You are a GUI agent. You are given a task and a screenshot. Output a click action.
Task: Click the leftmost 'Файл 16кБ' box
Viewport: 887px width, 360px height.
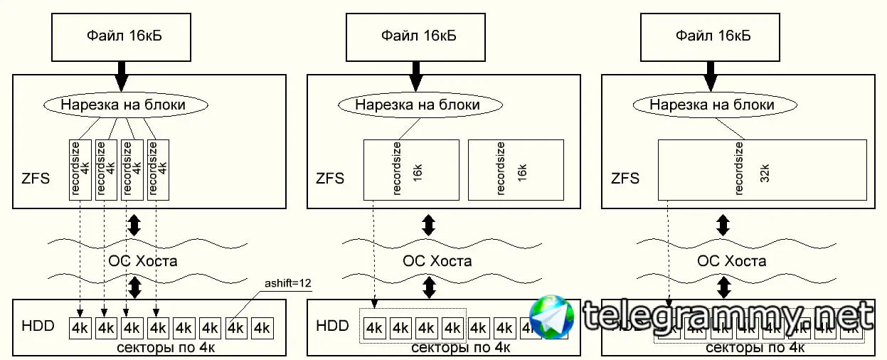click(122, 35)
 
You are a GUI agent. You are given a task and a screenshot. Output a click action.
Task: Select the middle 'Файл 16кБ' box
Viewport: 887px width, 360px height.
click(415, 35)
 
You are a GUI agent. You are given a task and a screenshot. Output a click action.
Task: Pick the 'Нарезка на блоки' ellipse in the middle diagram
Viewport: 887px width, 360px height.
click(418, 105)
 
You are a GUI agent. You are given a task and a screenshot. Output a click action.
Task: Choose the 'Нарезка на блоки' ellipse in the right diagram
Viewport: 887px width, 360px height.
click(712, 105)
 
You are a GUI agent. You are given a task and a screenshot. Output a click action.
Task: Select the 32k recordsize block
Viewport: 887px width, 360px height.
click(762, 169)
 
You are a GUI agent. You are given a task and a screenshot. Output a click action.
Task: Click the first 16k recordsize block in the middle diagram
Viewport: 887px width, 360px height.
click(410, 169)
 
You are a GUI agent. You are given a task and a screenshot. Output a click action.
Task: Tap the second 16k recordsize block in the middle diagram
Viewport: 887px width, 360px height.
click(515, 169)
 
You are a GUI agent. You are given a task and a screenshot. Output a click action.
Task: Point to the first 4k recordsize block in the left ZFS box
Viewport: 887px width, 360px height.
click(80, 169)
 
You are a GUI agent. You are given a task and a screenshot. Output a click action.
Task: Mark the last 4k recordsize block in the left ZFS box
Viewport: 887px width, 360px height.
click(158, 169)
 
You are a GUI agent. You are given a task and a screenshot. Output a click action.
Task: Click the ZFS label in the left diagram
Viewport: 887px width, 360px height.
click(36, 177)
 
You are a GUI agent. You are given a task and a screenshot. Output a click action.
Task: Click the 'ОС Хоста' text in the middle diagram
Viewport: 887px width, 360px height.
click(437, 260)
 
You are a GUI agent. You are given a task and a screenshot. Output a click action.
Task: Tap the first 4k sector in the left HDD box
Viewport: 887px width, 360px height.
click(80, 328)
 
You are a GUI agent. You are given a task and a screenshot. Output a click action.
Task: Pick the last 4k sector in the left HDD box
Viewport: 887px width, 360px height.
click(262, 328)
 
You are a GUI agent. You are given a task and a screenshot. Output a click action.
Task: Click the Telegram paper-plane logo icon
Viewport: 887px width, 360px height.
click(552, 318)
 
